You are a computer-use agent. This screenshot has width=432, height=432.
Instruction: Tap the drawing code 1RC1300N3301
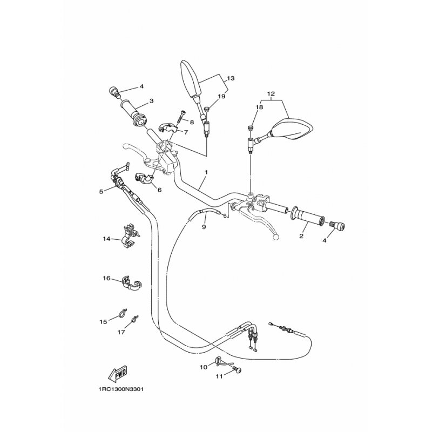(x=121, y=389)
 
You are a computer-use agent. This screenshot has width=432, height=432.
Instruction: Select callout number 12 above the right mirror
(x=271, y=93)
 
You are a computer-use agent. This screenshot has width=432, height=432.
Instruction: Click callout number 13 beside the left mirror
(x=231, y=78)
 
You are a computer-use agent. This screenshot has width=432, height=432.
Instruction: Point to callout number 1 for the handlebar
(x=206, y=172)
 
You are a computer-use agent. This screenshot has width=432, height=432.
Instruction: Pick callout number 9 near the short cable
(x=204, y=227)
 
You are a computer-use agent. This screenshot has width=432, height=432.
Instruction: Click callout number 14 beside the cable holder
(x=106, y=239)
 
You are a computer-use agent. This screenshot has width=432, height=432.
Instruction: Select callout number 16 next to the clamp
(x=106, y=278)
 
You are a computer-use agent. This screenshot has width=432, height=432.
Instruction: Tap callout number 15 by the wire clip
(x=103, y=322)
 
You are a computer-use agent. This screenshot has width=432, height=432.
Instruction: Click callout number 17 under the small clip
(x=121, y=332)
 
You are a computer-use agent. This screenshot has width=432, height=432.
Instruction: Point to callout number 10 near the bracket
(x=204, y=367)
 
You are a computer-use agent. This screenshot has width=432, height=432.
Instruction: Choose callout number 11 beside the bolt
(x=219, y=376)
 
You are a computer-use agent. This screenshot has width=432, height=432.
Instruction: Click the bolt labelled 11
(x=237, y=369)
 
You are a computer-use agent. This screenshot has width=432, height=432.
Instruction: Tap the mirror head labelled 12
(x=293, y=129)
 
